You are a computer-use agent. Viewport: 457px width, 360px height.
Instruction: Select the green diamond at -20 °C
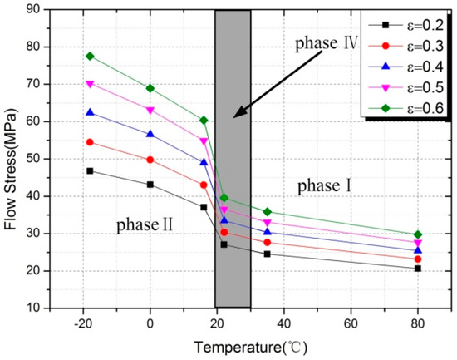(x=90, y=56)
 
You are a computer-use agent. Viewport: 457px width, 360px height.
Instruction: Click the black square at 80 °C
(x=417, y=268)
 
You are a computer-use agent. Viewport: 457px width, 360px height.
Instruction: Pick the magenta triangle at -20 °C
(x=90, y=84)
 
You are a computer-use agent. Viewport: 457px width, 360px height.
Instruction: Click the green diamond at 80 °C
(x=417, y=234)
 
